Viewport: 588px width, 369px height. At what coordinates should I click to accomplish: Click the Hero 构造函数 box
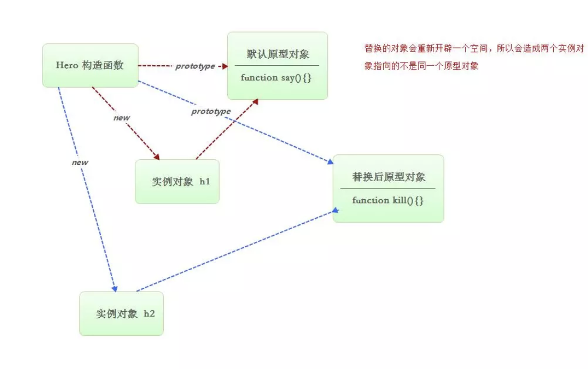pos(90,65)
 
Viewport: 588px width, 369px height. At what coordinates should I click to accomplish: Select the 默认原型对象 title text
pos(277,54)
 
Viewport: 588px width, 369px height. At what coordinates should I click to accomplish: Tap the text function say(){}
pos(276,77)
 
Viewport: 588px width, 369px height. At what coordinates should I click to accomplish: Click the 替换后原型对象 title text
pos(389,177)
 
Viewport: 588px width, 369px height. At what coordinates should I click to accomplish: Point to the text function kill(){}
pos(388,200)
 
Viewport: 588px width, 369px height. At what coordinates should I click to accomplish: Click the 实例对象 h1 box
pos(177,182)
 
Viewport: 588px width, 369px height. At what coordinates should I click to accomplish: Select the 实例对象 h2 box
pos(122,313)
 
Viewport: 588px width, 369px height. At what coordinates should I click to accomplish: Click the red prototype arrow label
pos(195,66)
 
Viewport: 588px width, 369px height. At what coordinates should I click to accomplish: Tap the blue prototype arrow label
pos(211,111)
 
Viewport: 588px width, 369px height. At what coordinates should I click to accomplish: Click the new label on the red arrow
pos(122,117)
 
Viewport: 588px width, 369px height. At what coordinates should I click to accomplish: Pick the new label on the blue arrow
pos(80,162)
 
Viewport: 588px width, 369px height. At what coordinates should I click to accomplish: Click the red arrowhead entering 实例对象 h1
pos(156,156)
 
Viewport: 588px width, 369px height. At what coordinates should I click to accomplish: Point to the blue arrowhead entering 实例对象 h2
pos(114,288)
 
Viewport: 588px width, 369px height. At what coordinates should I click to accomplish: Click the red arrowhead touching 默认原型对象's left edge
pos(224,66)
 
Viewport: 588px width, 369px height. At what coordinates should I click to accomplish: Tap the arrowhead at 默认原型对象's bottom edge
pos(256,101)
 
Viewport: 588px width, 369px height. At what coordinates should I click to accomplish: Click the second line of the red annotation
pos(421,67)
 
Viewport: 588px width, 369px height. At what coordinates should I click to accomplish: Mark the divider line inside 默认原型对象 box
pos(277,65)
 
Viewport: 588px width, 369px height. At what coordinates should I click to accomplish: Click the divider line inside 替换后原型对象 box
pos(388,188)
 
